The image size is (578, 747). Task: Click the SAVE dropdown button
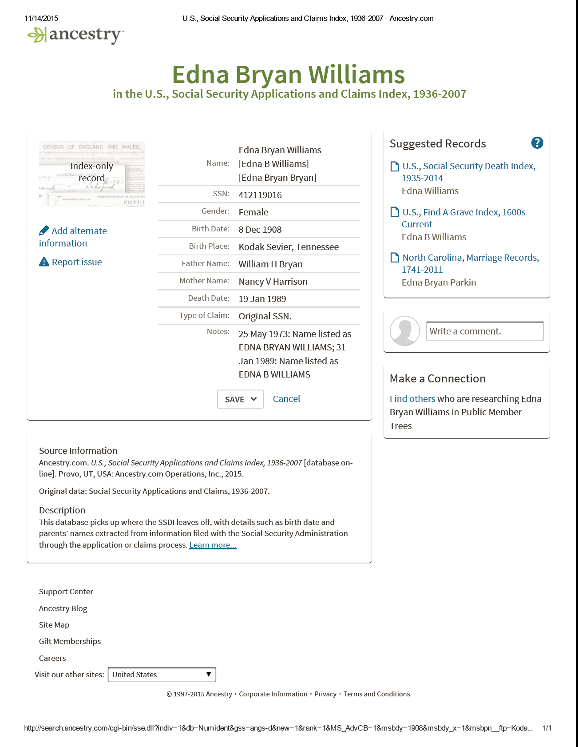click(x=240, y=399)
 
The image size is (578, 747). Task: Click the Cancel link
click(x=286, y=399)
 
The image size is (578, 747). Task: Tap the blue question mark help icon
click(x=537, y=143)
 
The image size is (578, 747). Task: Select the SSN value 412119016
click(x=260, y=195)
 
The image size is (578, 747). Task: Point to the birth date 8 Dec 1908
click(x=260, y=230)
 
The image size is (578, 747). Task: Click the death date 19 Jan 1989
click(x=262, y=299)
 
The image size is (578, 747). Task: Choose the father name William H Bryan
click(x=270, y=264)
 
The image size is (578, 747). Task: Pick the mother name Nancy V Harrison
click(x=273, y=282)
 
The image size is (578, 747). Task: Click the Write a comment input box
click(x=484, y=331)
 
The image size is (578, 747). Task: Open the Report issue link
click(x=76, y=262)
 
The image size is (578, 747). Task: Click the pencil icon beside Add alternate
click(x=44, y=230)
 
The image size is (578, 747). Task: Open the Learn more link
click(x=213, y=545)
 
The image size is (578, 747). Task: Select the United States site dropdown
click(x=162, y=675)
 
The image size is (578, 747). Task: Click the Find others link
click(x=412, y=399)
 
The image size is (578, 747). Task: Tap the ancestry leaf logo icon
click(x=36, y=35)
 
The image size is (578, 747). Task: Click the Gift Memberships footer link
click(x=70, y=641)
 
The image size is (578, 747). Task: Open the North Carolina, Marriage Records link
click(x=471, y=258)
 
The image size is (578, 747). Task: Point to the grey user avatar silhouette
click(x=405, y=331)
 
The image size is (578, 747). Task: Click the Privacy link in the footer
click(x=325, y=694)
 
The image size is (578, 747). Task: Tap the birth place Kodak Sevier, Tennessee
click(x=289, y=247)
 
